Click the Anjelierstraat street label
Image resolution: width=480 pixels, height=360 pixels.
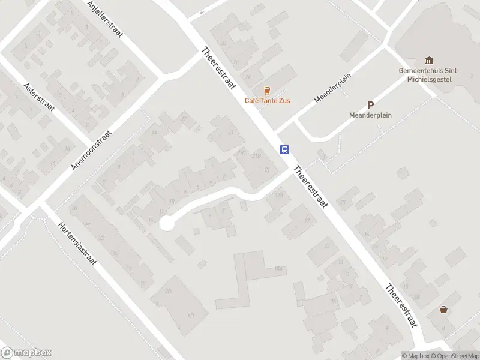click(104, 19)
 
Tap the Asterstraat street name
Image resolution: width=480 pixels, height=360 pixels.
click(39, 98)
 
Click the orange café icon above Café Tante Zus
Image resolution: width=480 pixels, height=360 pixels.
click(267, 91)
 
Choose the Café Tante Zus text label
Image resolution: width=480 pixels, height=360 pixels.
click(267, 101)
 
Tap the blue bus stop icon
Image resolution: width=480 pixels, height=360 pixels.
click(285, 149)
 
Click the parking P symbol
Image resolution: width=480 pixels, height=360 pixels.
click(370, 105)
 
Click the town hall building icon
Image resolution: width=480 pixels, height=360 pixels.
click(429, 60)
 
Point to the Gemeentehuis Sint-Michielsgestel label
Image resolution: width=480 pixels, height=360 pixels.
click(429, 74)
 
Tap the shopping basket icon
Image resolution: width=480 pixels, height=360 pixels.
click(443, 310)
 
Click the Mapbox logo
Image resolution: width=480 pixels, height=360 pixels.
click(26, 353)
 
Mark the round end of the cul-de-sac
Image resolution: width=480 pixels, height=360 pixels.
click(166, 224)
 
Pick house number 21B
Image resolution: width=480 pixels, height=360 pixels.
click(257, 156)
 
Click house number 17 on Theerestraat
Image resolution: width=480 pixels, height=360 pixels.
click(307, 221)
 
